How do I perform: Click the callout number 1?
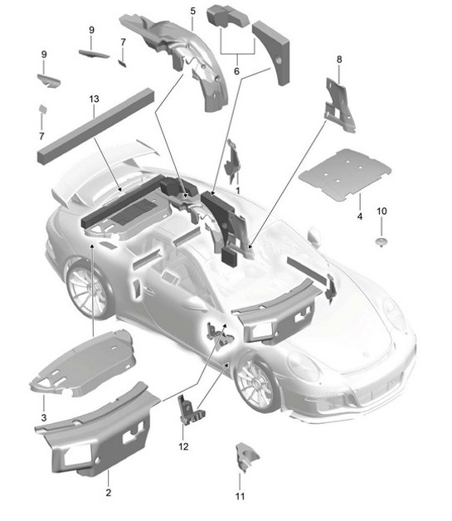pyautogui.click(x=238, y=190)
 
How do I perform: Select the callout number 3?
pyautogui.click(x=44, y=407)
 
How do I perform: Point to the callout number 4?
pyautogui.click(x=359, y=217)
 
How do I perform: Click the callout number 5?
pyautogui.click(x=192, y=11)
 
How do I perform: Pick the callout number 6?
pyautogui.click(x=237, y=72)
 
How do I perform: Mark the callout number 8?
pyautogui.click(x=338, y=60)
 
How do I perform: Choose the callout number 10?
pyautogui.click(x=382, y=212)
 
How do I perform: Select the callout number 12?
pyautogui.click(x=184, y=447)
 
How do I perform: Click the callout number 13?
pyautogui.click(x=94, y=100)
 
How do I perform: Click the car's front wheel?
pyautogui.click(x=256, y=380)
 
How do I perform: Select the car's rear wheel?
pyautogui.click(x=87, y=287)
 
